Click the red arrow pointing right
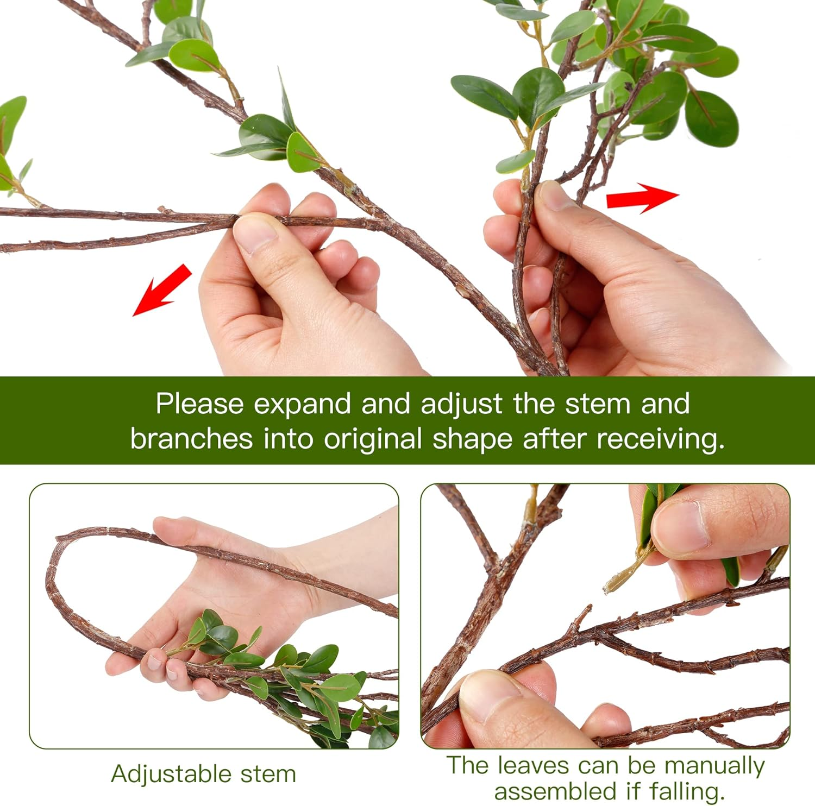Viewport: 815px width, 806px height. [x=642, y=198]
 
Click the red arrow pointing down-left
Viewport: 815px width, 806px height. [x=162, y=289]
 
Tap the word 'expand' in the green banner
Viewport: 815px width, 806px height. [x=302, y=405]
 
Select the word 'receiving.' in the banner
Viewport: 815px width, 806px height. [x=661, y=439]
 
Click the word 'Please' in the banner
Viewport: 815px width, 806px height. [x=199, y=405]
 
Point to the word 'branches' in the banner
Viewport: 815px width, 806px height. [x=191, y=439]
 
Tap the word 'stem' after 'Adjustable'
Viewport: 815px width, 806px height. [x=268, y=774]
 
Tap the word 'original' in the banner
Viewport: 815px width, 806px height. [x=373, y=439]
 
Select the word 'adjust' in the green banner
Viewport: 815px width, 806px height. [x=461, y=405]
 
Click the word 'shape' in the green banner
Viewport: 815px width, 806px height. [x=472, y=439]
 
